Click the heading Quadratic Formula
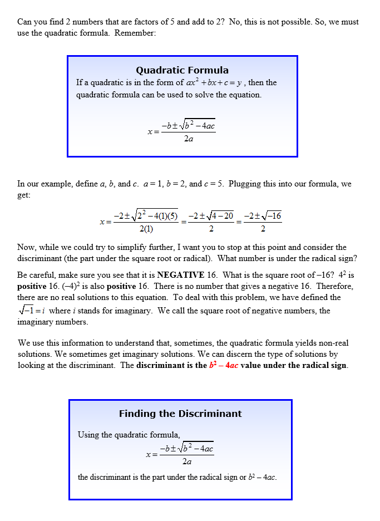(182, 70)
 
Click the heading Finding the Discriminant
(180, 414)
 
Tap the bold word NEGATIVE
(183, 274)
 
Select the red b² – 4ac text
(223, 366)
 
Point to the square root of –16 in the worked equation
(272, 216)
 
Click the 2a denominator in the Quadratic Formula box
(188, 139)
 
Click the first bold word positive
(32, 286)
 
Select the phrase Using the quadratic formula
(129, 435)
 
